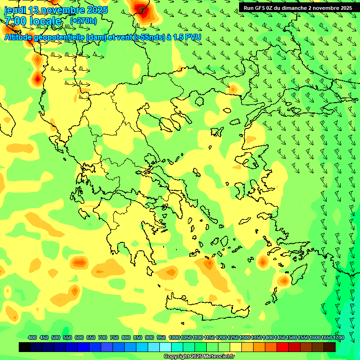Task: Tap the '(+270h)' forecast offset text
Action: [x=83, y=21]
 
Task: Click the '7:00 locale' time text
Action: [x=33, y=21]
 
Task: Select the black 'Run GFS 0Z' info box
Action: [x=298, y=7]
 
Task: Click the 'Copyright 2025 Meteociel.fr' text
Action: [x=199, y=356]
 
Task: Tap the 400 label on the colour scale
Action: [x=32, y=337]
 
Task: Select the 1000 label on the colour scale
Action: [x=174, y=337]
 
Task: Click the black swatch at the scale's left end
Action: [x=25, y=347]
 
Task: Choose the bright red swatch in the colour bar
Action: [x=283, y=347]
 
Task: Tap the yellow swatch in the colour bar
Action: [x=236, y=347]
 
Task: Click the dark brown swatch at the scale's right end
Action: [x=330, y=347]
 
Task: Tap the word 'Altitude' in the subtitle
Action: [x=19, y=37]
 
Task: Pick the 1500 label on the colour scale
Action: [x=292, y=337]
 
